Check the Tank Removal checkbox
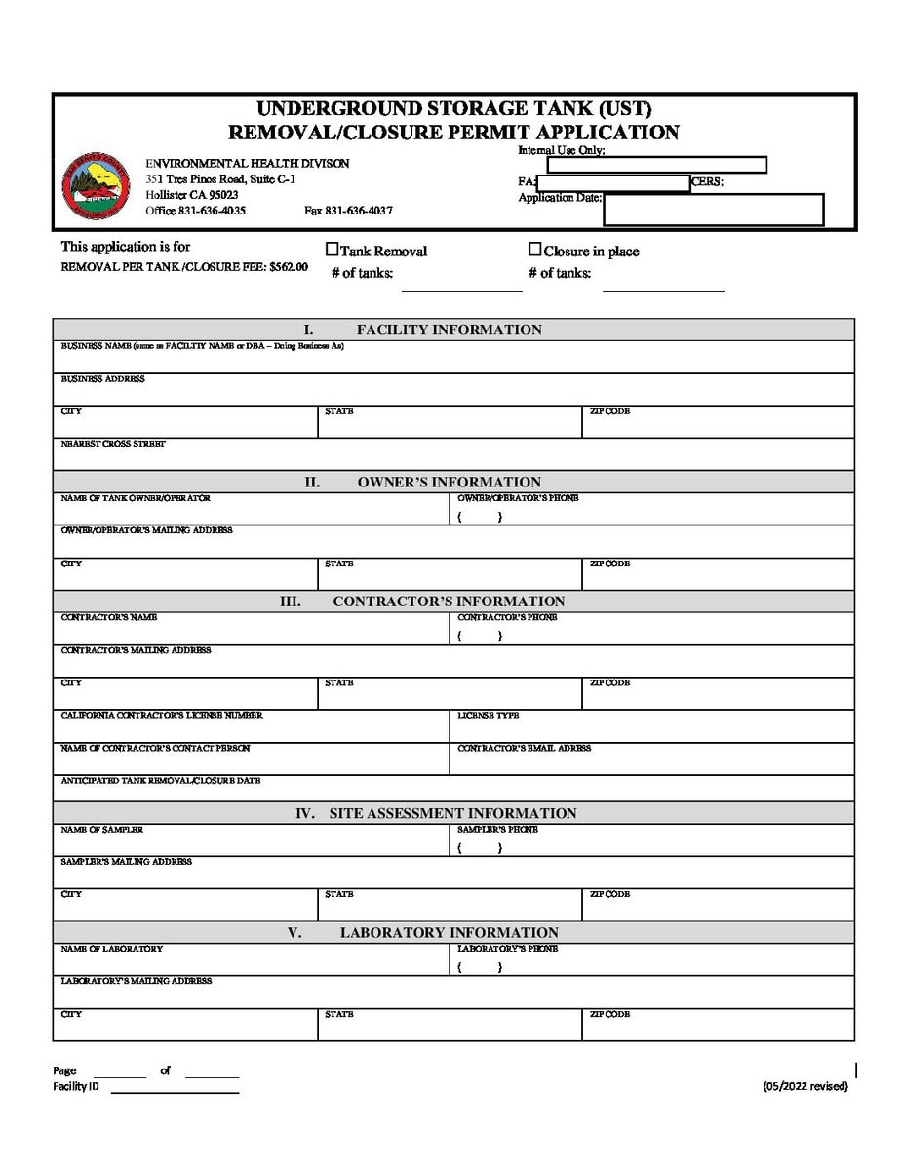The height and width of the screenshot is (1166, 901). pos(332,250)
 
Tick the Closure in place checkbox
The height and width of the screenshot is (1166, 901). pos(534,250)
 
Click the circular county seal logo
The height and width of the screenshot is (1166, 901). pos(96,185)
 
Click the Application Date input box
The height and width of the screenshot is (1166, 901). pos(713,210)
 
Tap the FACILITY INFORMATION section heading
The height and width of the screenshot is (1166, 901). pos(449,330)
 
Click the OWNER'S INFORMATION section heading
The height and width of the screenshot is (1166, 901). pos(449,482)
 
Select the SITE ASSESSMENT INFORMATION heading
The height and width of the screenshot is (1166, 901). pos(452,813)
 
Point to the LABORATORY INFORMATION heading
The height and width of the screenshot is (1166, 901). pos(449,932)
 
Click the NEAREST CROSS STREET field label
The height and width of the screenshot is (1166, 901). pos(113,444)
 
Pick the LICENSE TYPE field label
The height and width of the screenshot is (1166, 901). pos(489,716)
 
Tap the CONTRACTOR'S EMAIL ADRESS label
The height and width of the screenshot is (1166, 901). pos(525,749)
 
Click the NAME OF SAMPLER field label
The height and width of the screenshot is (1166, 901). pos(102,830)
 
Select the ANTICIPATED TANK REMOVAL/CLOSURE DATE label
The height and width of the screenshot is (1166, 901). pos(161,781)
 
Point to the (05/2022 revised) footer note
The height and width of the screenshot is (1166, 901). pos(805,1086)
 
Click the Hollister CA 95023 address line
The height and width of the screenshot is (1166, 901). pos(192,195)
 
